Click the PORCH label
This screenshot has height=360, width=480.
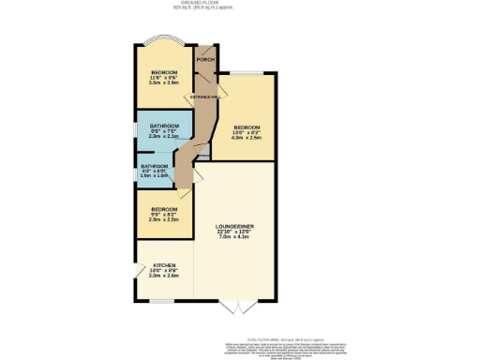[x=205, y=60]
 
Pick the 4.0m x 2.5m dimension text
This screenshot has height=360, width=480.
[x=247, y=139]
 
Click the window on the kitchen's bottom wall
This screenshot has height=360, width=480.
[x=161, y=302]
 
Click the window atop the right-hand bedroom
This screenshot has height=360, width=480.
[x=248, y=73]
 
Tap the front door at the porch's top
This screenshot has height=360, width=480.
[x=205, y=45]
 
